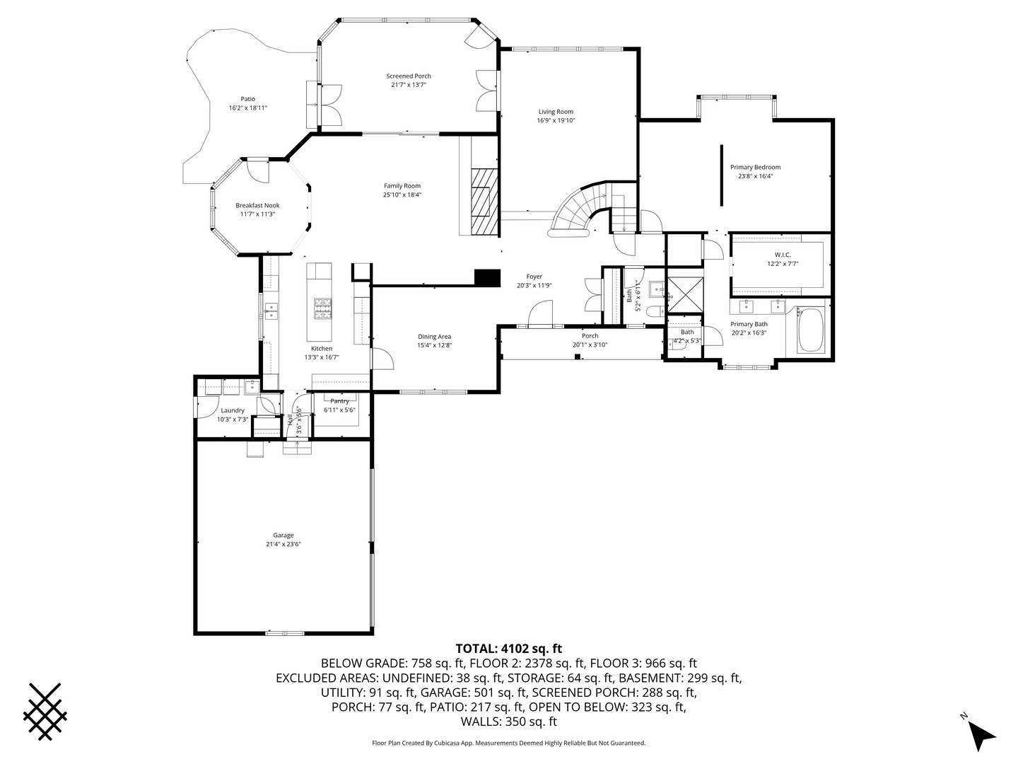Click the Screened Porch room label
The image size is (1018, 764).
pos(408,76)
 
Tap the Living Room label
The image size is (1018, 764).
pos(556,112)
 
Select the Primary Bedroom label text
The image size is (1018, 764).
pos(755,168)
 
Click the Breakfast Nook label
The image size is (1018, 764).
pos(257,206)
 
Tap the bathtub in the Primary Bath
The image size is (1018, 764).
pos(810,331)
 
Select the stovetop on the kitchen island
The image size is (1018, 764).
pos(323,308)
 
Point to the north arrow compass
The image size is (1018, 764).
pos(980,734)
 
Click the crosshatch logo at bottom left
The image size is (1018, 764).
pos(46,712)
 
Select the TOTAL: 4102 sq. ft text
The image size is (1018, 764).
pos(508,648)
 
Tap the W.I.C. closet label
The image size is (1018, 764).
pos(782,255)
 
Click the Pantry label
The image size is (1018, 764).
pos(339,401)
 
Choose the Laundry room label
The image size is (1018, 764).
pos(233,410)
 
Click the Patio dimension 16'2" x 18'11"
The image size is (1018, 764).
pos(247,108)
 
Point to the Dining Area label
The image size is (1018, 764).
pos(434,337)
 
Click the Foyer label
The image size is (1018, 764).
pos(534,277)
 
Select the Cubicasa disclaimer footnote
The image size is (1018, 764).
pos(508,743)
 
